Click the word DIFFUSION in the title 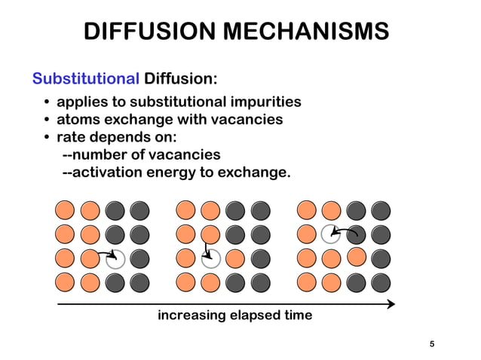click(153, 32)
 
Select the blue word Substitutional click(85, 78)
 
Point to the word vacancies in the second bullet click(247, 119)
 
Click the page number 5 click(432, 345)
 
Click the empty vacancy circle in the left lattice click(115, 259)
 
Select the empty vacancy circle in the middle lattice click(210, 259)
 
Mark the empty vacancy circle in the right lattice click(331, 234)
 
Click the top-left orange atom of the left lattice click(66, 210)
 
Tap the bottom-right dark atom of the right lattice click(381, 283)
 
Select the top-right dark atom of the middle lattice click(259, 210)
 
